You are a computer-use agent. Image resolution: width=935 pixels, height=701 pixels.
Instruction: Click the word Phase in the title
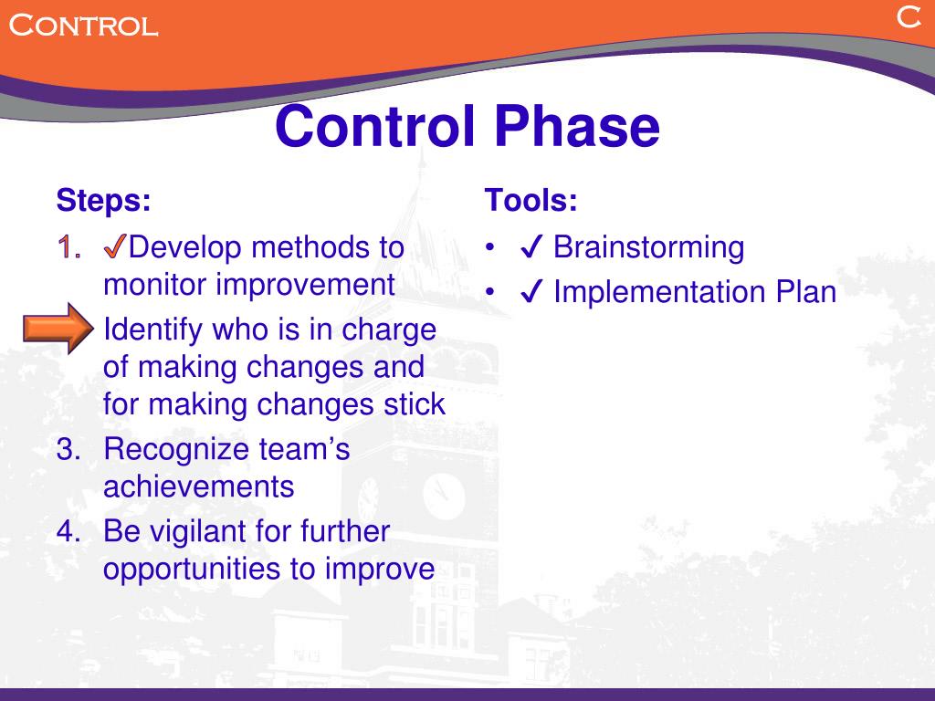576,127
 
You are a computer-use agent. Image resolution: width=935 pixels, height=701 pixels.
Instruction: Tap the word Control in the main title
374,127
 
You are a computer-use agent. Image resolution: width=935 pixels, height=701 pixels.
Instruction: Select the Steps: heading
103,200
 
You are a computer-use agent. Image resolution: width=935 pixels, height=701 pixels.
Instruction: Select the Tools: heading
531,200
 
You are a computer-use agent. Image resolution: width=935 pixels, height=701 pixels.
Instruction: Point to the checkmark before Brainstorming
532,247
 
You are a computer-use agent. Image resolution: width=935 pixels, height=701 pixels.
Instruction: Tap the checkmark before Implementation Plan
532,293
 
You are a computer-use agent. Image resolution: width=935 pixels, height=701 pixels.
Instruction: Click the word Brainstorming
648,247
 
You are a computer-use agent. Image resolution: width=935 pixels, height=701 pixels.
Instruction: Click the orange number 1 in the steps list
66,247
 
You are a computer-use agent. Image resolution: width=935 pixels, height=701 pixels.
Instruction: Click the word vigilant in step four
215,531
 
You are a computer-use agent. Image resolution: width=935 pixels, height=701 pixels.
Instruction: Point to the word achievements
198,487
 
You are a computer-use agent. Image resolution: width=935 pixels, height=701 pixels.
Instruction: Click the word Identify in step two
154,330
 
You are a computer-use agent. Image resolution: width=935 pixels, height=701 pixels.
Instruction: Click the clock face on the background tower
444,497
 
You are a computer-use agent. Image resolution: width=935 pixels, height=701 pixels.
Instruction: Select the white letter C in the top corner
907,17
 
